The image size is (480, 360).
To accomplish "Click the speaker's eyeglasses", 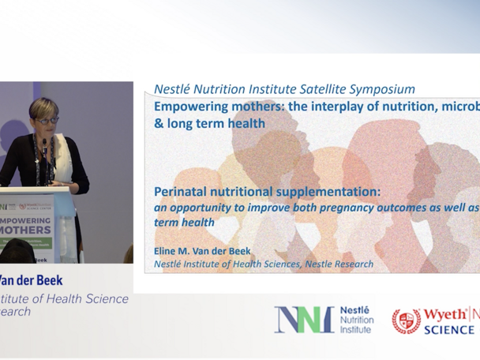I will coord(47,120).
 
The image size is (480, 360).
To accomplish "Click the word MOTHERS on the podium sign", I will coord(27,233).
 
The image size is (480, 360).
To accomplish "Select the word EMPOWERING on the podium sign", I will coord(27,221).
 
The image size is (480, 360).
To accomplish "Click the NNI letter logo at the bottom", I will coord(304,319).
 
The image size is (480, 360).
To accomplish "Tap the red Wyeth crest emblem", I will coord(406,320).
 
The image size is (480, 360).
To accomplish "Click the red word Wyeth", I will coord(444,314).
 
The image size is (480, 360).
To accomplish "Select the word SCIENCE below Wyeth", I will coord(448,329).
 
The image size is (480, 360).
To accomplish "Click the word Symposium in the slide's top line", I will coord(381,89).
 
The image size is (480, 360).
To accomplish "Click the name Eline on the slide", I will coord(167,250).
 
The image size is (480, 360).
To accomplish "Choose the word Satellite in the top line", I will coord(313,89).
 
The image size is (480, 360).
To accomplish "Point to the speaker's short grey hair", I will coord(44,106).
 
